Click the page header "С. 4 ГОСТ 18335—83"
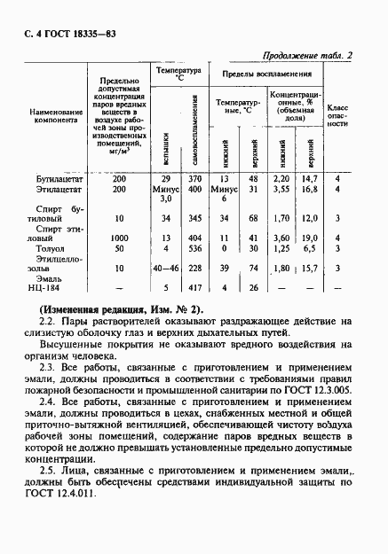67,33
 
